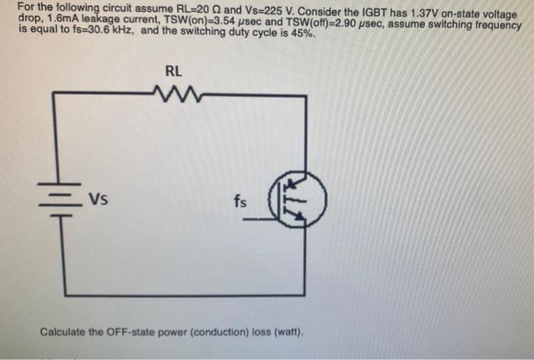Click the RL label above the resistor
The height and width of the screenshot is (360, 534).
point(173,72)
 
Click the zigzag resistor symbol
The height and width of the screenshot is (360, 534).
point(174,94)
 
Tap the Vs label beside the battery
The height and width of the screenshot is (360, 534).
point(97,201)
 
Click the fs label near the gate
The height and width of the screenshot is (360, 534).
point(240,202)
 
